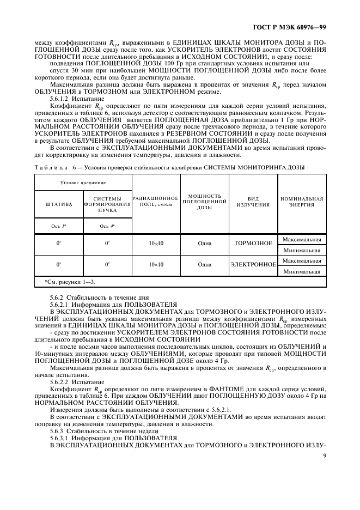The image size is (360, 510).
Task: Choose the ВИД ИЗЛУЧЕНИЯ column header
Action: point(253,201)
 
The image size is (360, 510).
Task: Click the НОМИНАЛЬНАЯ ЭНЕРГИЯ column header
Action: point(302,201)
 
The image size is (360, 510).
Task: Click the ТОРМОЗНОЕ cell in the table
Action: point(253,244)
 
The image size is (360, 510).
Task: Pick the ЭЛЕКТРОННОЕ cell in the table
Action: point(253,265)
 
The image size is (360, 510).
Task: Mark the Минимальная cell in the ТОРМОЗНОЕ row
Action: point(302,250)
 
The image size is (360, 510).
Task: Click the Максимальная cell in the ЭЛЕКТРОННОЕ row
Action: point(302,260)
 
